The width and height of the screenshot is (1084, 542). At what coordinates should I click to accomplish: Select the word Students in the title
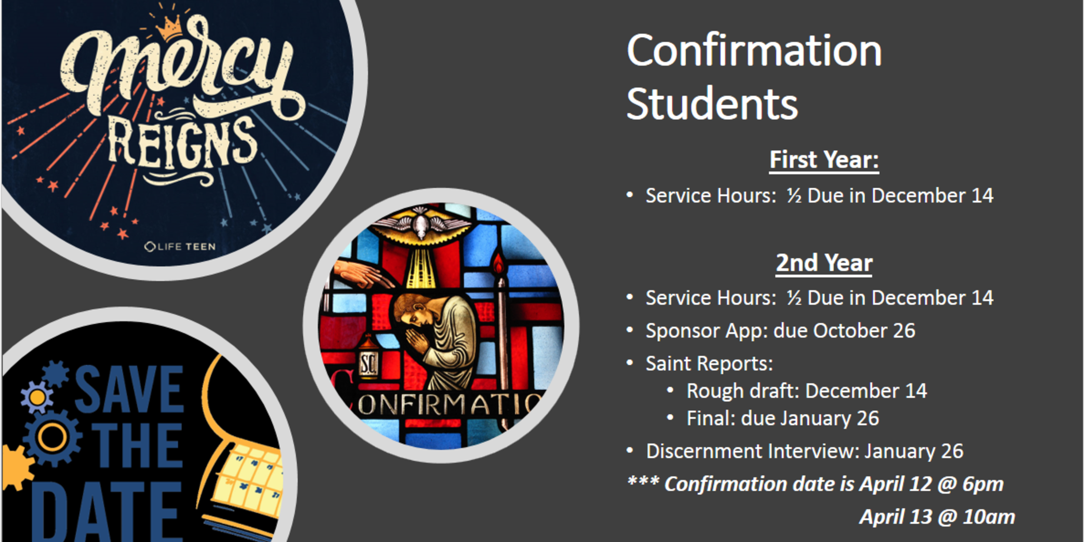[712, 104]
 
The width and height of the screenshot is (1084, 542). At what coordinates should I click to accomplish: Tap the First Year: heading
[824, 160]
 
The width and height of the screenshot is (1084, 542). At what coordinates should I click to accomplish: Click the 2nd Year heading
[824, 263]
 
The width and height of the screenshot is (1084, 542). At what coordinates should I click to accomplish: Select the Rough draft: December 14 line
[806, 391]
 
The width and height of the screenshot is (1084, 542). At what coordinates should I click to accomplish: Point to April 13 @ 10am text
[937, 517]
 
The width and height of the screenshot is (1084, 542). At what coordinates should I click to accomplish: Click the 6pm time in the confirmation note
[983, 484]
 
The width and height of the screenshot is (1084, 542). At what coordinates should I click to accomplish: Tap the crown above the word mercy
[169, 28]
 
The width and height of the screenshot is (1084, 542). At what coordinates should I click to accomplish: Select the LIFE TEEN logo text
[180, 246]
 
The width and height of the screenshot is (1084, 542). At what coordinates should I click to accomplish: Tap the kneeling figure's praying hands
[416, 341]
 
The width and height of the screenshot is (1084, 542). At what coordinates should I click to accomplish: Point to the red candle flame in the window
[498, 264]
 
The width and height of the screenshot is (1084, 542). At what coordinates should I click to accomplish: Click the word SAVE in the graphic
[129, 389]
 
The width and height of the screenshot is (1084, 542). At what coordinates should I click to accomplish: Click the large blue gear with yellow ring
[52, 437]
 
